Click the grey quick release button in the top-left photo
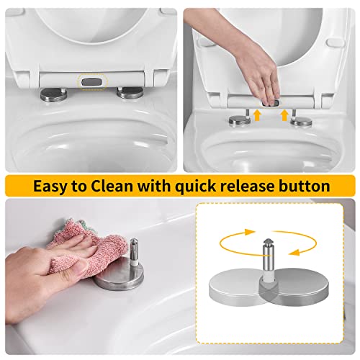pyautogui.click(x=90, y=83)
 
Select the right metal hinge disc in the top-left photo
pyautogui.click(x=130, y=92)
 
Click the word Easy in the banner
pyautogui.click(x=53, y=186)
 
